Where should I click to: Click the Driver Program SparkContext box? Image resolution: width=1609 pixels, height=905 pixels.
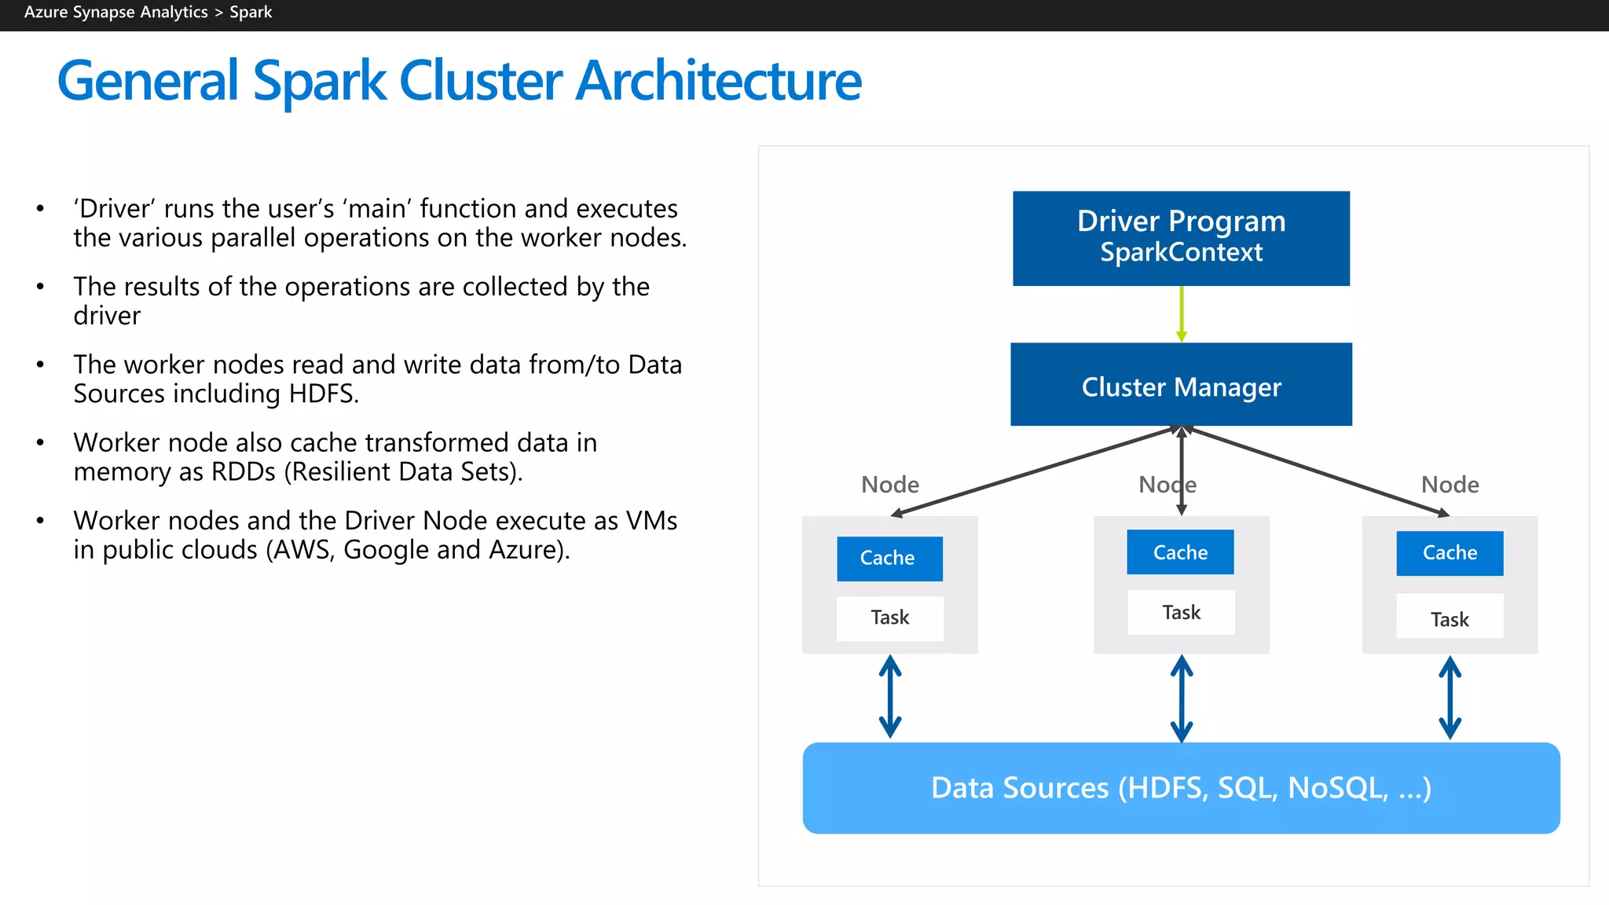coord(1181,238)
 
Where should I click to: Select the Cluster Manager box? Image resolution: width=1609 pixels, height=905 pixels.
coord(1181,385)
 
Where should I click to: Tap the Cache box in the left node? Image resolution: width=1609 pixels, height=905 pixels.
coord(889,559)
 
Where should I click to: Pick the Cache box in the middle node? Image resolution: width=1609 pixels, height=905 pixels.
coord(1180,552)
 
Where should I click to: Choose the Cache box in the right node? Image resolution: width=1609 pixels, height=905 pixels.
coord(1450,553)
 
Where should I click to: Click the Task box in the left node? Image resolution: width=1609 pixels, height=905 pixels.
coord(889,618)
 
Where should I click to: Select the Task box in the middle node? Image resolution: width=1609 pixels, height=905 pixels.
coord(1181,613)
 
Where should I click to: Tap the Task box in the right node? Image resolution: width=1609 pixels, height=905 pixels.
coord(1450,619)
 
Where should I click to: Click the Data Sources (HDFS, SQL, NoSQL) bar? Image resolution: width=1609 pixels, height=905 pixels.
coord(1181,788)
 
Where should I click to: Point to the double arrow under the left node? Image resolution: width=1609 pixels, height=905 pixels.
coord(889,697)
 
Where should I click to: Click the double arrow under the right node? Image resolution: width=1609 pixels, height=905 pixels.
coord(1450,698)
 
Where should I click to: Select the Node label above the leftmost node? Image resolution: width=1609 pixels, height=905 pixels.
coord(889,485)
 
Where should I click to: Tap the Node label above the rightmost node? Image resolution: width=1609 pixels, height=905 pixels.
coord(1450,485)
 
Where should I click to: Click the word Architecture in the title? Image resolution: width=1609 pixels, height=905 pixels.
coord(718,81)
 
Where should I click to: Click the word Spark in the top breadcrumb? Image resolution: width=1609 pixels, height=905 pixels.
coord(251,13)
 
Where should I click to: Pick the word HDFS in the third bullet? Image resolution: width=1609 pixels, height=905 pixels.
coord(322,394)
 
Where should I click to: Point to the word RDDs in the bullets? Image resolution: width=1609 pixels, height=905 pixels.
coord(244,472)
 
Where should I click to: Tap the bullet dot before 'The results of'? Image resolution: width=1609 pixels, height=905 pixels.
coord(40,287)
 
